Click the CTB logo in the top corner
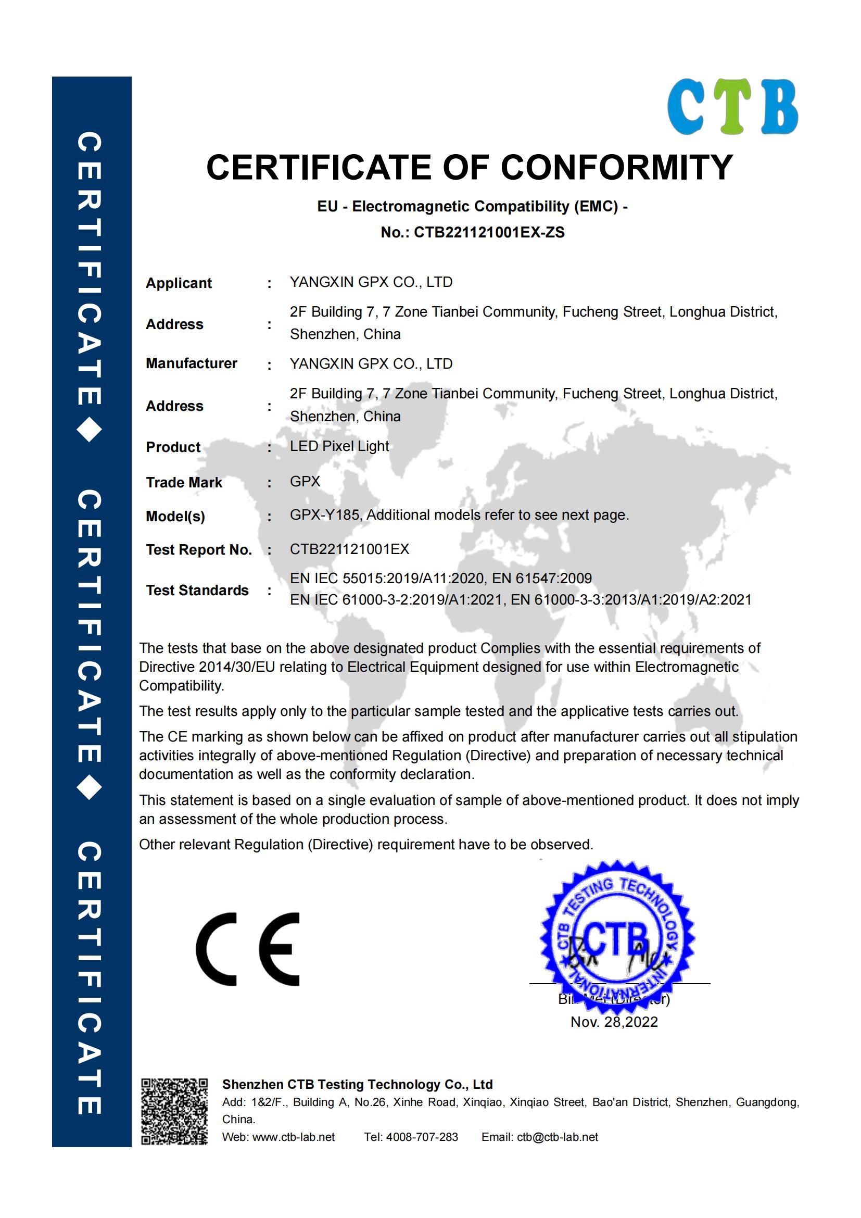[732, 107]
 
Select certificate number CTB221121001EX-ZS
[489, 232]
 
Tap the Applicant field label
[179, 283]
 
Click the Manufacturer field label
[192, 363]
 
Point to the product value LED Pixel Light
[339, 446]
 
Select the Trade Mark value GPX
[305, 481]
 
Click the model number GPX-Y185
[325, 515]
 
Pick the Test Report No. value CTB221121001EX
[349, 549]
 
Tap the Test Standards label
[197, 591]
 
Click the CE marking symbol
[248, 949]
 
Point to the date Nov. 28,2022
[614, 1022]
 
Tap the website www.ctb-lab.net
[294, 1137]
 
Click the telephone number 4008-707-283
[422, 1137]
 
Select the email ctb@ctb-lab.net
[557, 1137]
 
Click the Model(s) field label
[175, 516]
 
